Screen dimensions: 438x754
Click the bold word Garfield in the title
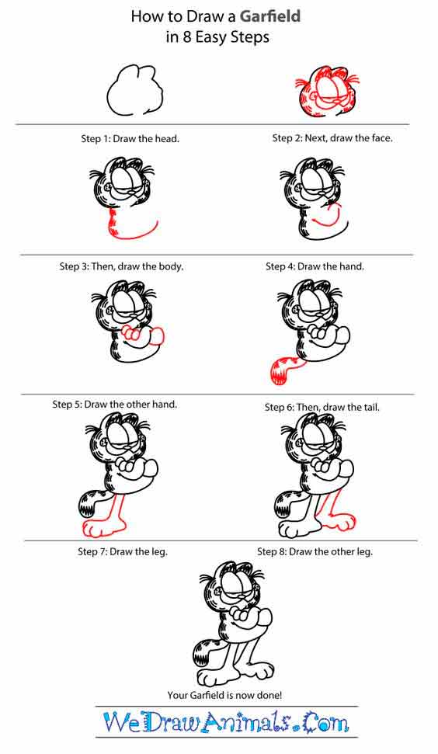tap(270, 16)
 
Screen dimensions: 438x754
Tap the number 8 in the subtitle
tap(187, 37)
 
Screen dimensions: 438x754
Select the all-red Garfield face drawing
tap(328, 92)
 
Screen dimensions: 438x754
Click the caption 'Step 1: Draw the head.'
tap(130, 139)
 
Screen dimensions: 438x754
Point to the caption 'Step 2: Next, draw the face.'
tap(332, 138)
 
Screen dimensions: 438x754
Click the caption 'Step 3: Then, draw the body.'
tap(122, 266)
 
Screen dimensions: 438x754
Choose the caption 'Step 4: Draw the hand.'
tap(315, 266)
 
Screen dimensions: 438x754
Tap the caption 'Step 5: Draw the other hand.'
tap(115, 405)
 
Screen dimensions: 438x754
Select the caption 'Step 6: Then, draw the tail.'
tap(322, 408)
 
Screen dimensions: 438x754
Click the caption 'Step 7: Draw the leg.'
tap(123, 551)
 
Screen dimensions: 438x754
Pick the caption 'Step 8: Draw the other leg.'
tap(315, 551)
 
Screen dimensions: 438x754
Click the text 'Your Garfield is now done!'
tap(224, 695)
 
